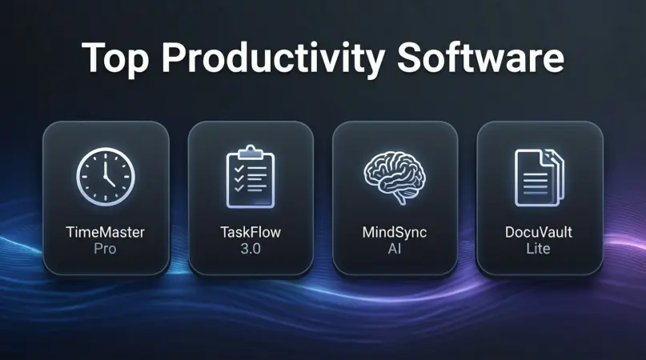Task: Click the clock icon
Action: coord(105,174)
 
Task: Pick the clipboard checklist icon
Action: coord(250,174)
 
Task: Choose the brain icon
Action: coord(395,174)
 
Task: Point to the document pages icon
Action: coord(540,174)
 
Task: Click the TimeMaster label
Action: coord(105,233)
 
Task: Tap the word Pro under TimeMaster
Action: coord(105,249)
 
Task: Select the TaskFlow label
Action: coord(250,233)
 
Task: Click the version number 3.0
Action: coord(250,249)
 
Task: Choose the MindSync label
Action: coord(395,233)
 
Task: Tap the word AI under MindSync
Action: coord(395,249)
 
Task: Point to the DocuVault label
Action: coord(540,233)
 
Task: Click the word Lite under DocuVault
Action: coord(540,249)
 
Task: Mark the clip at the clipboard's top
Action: coord(250,150)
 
